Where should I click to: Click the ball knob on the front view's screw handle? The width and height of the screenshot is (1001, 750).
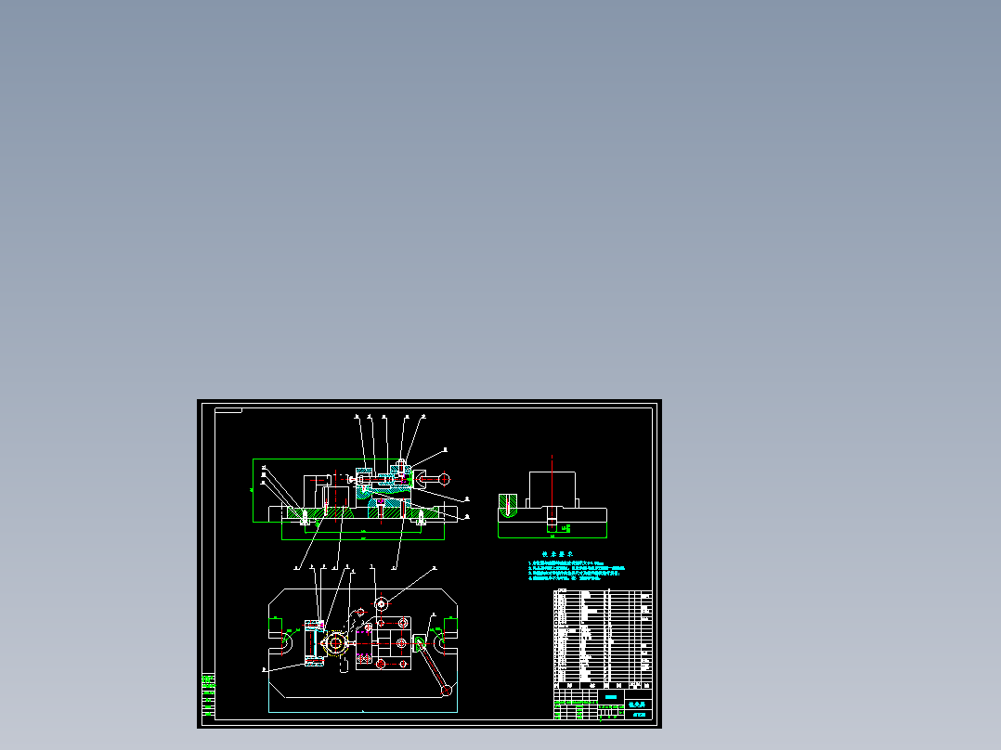(445, 479)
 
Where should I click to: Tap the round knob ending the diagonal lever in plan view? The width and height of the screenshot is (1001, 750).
(447, 690)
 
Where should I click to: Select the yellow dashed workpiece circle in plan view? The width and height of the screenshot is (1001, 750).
(334, 642)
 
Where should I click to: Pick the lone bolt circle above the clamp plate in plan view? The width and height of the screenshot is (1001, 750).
(381, 604)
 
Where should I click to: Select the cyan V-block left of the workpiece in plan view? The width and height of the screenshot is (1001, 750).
(313, 642)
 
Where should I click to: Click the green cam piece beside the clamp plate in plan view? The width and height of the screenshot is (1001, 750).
(421, 642)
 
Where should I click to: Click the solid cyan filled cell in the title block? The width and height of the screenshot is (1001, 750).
(610, 696)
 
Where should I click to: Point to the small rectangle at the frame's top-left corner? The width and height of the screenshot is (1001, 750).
(227, 409)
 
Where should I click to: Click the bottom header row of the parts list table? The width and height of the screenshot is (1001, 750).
(603, 685)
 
